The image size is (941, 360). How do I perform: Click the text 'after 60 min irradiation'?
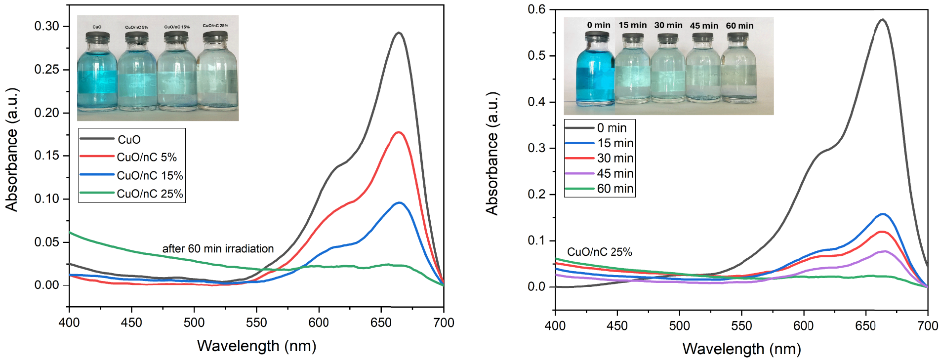(x=218, y=248)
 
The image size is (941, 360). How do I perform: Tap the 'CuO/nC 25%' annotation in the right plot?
(x=599, y=252)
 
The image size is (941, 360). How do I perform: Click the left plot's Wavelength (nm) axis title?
(x=256, y=346)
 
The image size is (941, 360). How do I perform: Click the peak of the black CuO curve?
(x=399, y=33)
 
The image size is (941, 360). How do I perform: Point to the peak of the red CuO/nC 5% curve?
(x=399, y=132)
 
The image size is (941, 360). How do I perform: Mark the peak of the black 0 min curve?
(x=883, y=20)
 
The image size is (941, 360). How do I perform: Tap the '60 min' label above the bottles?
(x=739, y=26)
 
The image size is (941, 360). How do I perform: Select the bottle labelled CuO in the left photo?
(x=97, y=71)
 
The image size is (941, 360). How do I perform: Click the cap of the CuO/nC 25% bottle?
(x=215, y=37)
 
